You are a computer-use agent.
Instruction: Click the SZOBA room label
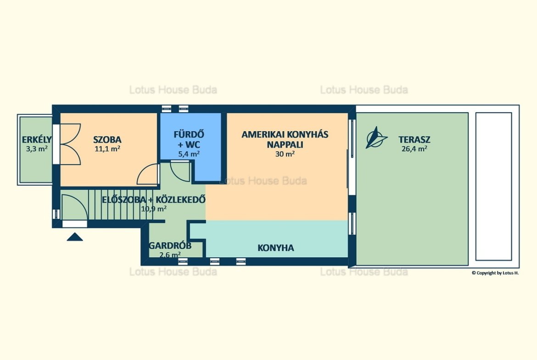click(107, 139)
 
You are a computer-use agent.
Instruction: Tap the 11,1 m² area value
click(107, 149)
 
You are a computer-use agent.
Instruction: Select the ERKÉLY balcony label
click(37, 139)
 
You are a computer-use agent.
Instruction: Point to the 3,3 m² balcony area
click(37, 149)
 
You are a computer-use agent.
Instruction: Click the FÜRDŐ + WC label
click(189, 139)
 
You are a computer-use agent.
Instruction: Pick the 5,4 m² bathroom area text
click(189, 154)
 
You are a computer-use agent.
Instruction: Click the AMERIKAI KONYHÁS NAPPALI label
click(285, 139)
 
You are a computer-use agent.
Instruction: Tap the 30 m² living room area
click(285, 154)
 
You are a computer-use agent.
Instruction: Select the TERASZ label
click(414, 139)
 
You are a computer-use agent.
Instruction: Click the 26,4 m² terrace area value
click(414, 149)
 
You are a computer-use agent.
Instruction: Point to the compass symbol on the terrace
click(376, 138)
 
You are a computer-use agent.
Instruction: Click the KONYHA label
click(276, 248)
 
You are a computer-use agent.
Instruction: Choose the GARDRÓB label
click(170, 246)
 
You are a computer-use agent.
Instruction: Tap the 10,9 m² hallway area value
click(154, 208)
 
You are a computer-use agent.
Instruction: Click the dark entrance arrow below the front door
click(75, 237)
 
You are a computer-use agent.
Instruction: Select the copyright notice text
click(495, 273)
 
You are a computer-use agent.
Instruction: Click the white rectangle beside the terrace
click(493, 187)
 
